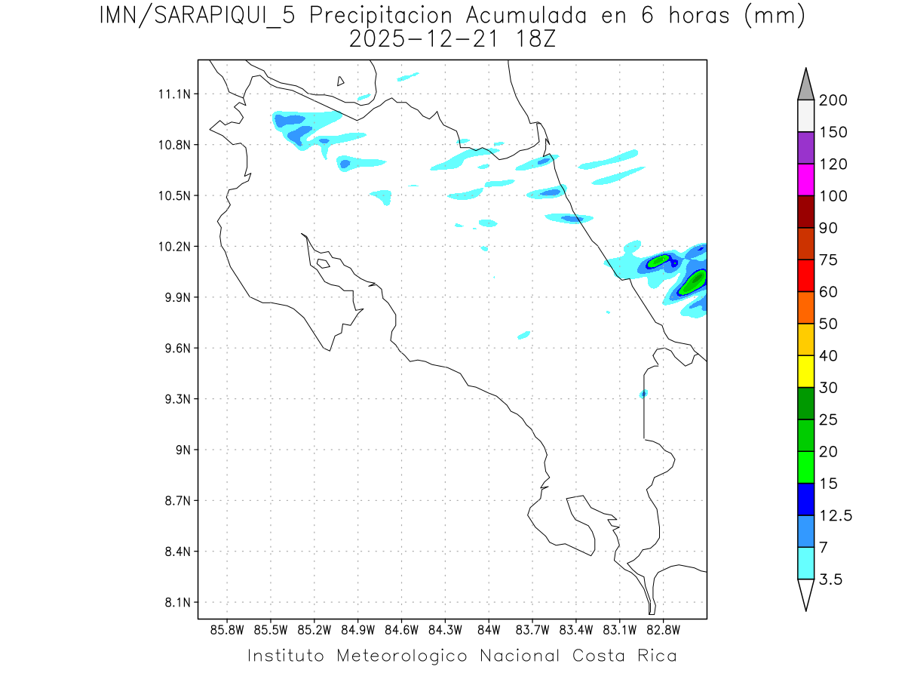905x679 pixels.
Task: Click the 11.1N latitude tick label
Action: tap(172, 94)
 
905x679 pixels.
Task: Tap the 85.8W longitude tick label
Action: tap(228, 629)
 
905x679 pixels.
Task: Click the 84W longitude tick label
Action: tap(489, 629)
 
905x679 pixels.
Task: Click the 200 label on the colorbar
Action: tap(833, 100)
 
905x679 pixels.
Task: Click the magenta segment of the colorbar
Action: tap(805, 180)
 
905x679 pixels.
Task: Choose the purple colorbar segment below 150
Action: tap(805, 148)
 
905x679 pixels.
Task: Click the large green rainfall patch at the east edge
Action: tap(693, 282)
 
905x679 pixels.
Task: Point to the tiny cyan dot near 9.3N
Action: tap(643, 394)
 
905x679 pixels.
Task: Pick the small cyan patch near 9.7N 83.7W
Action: tap(524, 334)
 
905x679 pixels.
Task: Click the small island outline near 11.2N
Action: tap(341, 81)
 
